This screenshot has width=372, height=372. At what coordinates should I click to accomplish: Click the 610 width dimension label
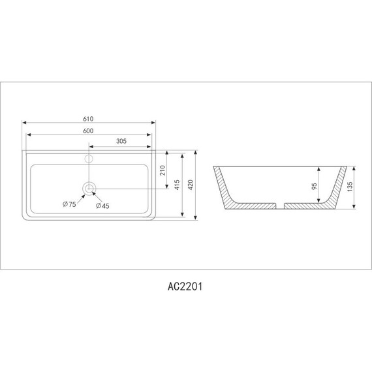tap(89, 118)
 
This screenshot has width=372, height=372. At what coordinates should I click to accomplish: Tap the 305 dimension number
tap(121, 141)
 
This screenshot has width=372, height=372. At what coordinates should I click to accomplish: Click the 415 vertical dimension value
tap(176, 185)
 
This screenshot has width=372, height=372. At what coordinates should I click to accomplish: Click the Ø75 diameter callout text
tap(70, 205)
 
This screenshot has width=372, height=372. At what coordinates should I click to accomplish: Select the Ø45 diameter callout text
tap(102, 206)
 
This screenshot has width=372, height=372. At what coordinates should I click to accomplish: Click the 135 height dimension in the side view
tap(350, 186)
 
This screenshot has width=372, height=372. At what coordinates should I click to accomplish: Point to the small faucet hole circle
tap(89, 157)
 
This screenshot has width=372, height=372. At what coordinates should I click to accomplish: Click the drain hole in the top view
tap(89, 189)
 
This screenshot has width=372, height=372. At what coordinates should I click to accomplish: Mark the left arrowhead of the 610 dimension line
tap(25, 123)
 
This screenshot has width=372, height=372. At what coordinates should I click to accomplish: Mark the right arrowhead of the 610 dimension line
tap(154, 123)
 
